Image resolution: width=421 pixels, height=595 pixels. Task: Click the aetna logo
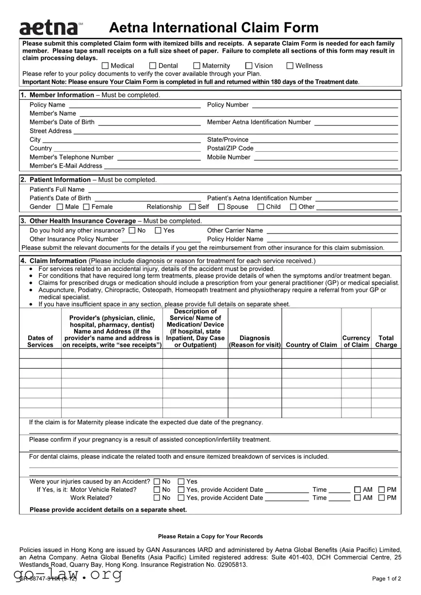(x=48, y=28)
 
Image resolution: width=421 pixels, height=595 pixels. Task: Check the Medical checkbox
(x=105, y=66)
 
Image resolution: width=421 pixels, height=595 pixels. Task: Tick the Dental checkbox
(x=153, y=66)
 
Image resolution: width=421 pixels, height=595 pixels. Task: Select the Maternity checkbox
(x=197, y=66)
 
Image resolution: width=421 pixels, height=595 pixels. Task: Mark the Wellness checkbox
(x=290, y=66)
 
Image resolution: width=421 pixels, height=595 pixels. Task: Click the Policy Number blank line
(x=325, y=105)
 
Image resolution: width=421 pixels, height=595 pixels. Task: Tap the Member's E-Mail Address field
(x=251, y=166)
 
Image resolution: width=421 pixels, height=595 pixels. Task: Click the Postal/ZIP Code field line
(x=326, y=149)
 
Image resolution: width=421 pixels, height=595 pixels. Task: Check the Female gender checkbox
(x=86, y=207)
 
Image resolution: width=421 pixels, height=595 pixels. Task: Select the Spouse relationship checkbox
(x=221, y=207)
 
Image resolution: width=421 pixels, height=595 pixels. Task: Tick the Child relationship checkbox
(x=261, y=207)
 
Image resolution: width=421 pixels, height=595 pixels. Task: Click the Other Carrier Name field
(x=332, y=231)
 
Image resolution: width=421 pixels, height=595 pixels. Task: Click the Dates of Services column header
(x=40, y=341)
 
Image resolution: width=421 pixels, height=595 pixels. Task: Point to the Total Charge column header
(x=386, y=341)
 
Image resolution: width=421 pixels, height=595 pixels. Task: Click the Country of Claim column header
(x=311, y=345)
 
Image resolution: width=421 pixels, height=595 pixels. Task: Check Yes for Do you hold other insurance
(x=158, y=231)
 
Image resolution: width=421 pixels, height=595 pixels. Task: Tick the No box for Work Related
(x=156, y=498)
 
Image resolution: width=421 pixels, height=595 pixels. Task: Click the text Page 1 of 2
(x=386, y=579)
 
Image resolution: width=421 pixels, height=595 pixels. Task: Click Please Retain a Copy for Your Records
(x=210, y=536)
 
